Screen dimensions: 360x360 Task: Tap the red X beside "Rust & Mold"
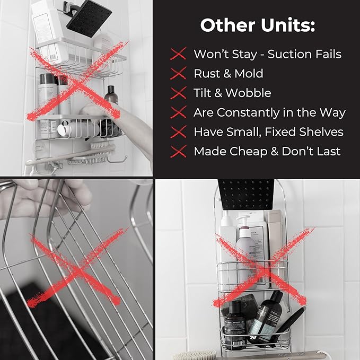[179, 74]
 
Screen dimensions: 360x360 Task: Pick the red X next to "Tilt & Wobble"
[179, 93]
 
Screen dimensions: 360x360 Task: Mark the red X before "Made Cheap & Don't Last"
[179, 152]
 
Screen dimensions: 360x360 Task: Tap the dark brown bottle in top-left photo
[110, 95]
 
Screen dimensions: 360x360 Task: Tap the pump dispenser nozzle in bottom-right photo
[244, 218]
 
